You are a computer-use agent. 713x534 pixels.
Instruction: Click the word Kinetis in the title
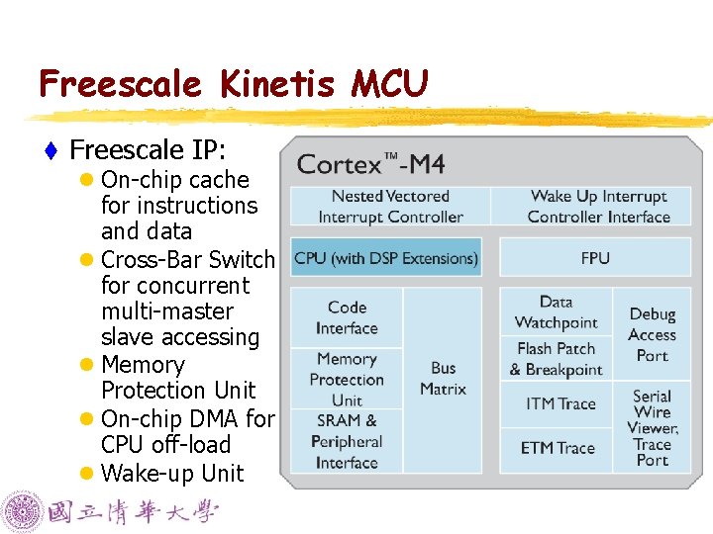[x=277, y=84]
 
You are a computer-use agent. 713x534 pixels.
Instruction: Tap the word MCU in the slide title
[x=389, y=84]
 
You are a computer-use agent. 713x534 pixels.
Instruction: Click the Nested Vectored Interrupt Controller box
[x=390, y=207]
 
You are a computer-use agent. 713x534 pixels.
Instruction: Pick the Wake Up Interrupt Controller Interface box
[x=598, y=207]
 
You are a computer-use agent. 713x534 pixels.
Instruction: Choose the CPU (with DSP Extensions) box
[x=386, y=258]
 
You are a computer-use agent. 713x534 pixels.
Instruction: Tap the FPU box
[x=595, y=258]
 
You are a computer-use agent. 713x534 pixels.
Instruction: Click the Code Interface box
[x=347, y=317]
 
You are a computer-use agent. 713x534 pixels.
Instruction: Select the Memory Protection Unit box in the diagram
[x=347, y=379]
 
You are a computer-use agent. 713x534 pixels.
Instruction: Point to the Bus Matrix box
[x=443, y=379]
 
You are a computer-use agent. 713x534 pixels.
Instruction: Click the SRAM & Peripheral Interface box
[x=347, y=441]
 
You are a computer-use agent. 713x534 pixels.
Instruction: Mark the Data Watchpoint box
[x=556, y=312]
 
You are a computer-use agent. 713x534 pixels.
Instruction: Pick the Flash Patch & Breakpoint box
[x=556, y=359]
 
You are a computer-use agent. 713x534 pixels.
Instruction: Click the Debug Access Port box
[x=653, y=334]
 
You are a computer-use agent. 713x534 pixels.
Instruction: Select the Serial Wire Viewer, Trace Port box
[x=653, y=427]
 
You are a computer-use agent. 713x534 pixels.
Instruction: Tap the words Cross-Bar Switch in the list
[x=187, y=259]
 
